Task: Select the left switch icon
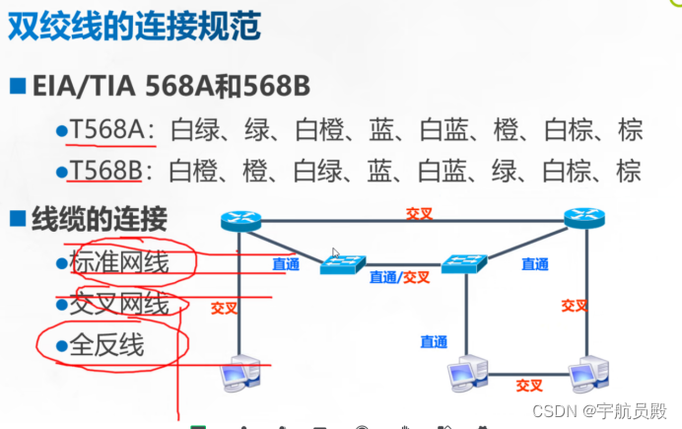click(x=342, y=264)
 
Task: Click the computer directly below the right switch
click(x=467, y=374)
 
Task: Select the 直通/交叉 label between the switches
click(x=400, y=277)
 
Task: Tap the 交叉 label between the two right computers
click(x=529, y=386)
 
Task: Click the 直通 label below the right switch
click(x=434, y=342)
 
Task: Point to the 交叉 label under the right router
click(x=575, y=306)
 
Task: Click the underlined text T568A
click(x=105, y=129)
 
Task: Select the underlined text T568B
click(x=105, y=172)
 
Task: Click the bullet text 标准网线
click(x=119, y=261)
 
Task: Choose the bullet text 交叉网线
click(x=119, y=304)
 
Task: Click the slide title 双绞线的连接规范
click(x=135, y=28)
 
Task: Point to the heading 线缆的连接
click(x=100, y=218)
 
